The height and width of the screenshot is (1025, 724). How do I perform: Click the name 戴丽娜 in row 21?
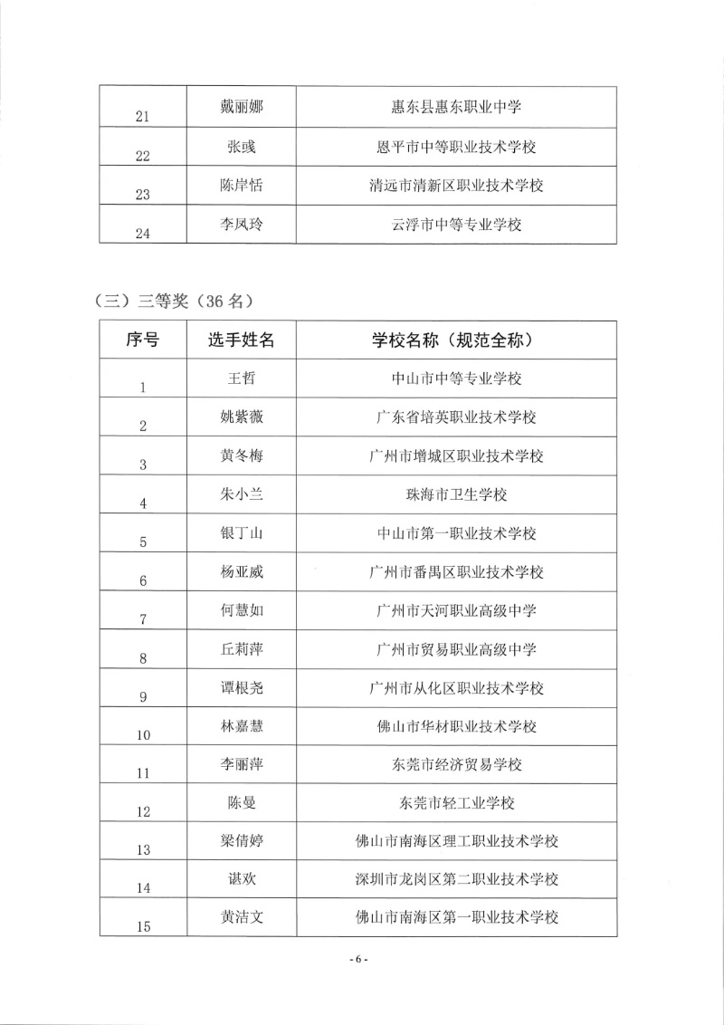[241, 107]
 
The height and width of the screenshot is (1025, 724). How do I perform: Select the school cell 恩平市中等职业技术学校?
[456, 146]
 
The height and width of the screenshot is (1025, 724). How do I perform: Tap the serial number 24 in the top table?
[142, 233]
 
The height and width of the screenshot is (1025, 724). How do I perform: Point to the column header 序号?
[142, 340]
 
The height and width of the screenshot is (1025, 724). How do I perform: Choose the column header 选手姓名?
[241, 340]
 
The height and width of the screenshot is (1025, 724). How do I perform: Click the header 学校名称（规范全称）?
[456, 340]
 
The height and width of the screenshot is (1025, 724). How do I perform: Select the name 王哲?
[241, 378]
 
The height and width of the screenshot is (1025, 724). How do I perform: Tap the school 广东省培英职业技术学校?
[456, 417]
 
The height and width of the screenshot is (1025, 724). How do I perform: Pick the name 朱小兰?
[241, 494]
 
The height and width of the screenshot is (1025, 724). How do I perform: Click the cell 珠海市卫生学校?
[456, 494]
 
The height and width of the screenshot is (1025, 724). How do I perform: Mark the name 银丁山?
[241, 533]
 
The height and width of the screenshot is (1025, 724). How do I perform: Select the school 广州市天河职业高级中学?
[456, 611]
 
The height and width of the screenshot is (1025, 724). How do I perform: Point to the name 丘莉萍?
[241, 649]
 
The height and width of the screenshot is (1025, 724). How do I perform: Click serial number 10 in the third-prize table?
[142, 734]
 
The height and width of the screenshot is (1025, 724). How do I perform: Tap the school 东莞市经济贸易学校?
[456, 765]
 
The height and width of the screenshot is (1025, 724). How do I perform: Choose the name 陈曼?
[241, 803]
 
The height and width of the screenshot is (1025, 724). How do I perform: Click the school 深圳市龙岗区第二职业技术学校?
[456, 879]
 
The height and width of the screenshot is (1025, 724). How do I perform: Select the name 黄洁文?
[241, 917]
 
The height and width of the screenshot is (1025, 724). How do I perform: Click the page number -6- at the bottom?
[359, 960]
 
